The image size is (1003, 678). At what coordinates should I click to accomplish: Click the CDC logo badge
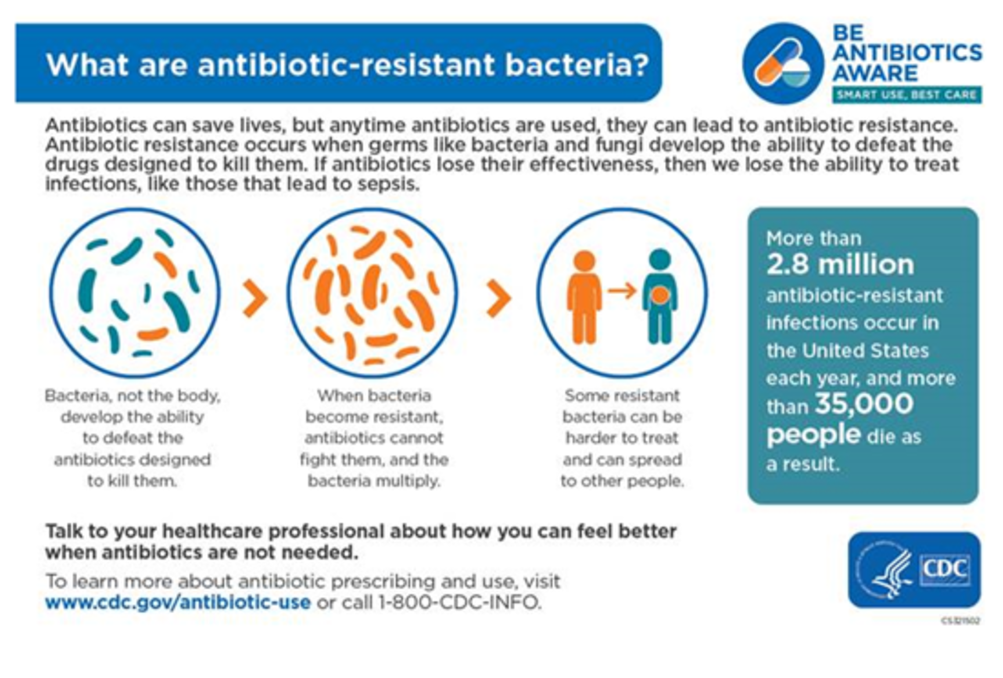pyautogui.click(x=914, y=570)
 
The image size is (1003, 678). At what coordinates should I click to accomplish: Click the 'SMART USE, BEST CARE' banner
pyautogui.click(x=907, y=95)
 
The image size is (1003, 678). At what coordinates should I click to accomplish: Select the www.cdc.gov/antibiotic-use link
pyautogui.click(x=178, y=603)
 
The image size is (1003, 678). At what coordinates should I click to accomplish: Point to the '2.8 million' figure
pyautogui.click(x=840, y=265)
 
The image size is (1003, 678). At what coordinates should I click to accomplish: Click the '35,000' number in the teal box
pyautogui.click(x=864, y=403)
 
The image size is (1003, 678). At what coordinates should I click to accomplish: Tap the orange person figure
pyautogui.click(x=584, y=297)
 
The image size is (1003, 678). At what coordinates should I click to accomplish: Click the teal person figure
pyautogui.click(x=660, y=296)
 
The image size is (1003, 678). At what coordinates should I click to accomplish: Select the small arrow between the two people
pyautogui.click(x=622, y=290)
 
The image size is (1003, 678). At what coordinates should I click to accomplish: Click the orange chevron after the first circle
pyautogui.click(x=255, y=298)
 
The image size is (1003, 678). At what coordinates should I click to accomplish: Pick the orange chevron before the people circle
pyautogui.click(x=499, y=298)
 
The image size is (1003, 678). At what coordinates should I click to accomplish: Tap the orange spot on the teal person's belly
pyautogui.click(x=659, y=295)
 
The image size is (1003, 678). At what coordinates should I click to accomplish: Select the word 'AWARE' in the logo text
pyautogui.click(x=875, y=73)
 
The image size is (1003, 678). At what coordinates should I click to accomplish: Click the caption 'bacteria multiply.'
pyautogui.click(x=374, y=481)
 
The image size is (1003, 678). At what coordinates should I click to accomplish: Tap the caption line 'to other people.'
pyautogui.click(x=623, y=481)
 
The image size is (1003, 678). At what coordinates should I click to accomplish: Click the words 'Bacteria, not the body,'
pyautogui.click(x=133, y=396)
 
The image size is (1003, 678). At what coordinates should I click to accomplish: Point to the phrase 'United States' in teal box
pyautogui.click(x=866, y=351)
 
